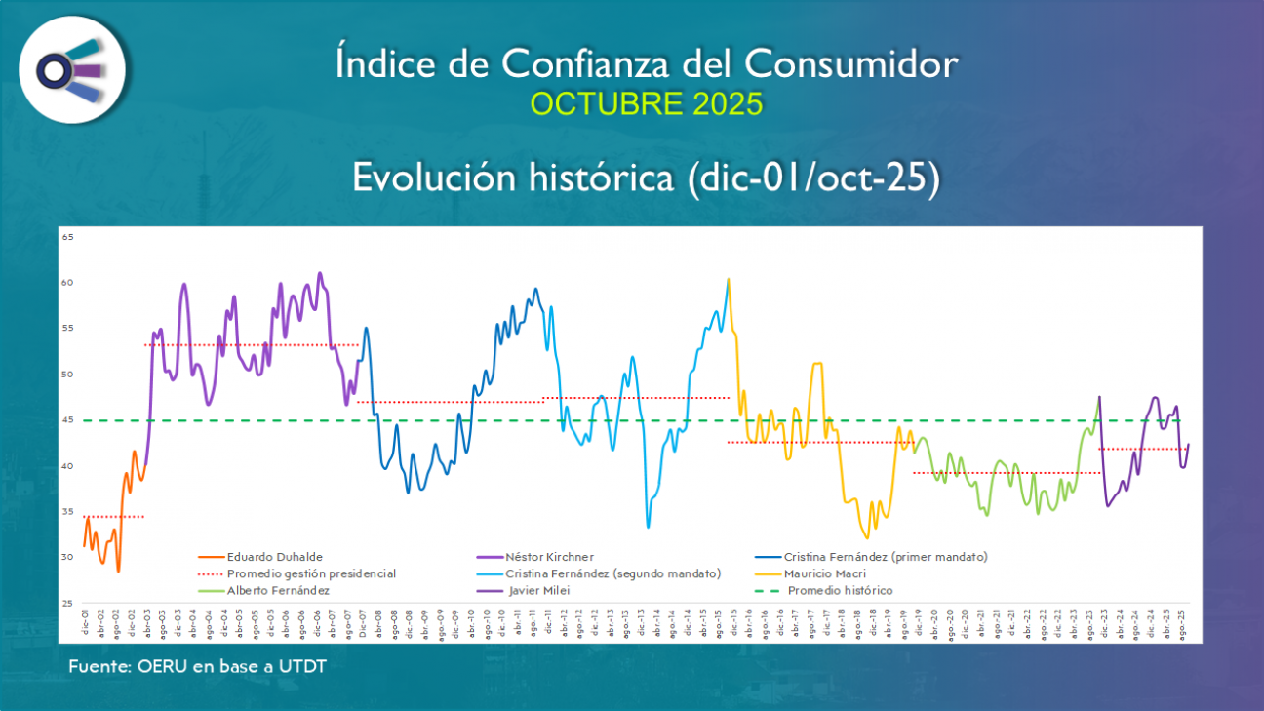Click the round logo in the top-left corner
tap(71, 69)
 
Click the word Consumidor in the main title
tap(849, 65)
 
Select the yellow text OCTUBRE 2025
tap(646, 104)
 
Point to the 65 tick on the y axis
tap(68, 237)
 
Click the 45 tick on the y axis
tap(68, 420)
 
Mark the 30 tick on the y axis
tap(68, 558)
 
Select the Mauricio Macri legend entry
tap(825, 573)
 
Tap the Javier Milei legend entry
tap(539, 590)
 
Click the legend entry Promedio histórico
tap(840, 590)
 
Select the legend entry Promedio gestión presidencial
tap(311, 573)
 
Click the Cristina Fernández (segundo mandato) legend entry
tap(612, 573)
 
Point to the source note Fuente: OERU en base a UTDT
tap(197, 666)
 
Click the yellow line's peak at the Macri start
tap(729, 280)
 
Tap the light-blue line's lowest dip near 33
tap(649, 527)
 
